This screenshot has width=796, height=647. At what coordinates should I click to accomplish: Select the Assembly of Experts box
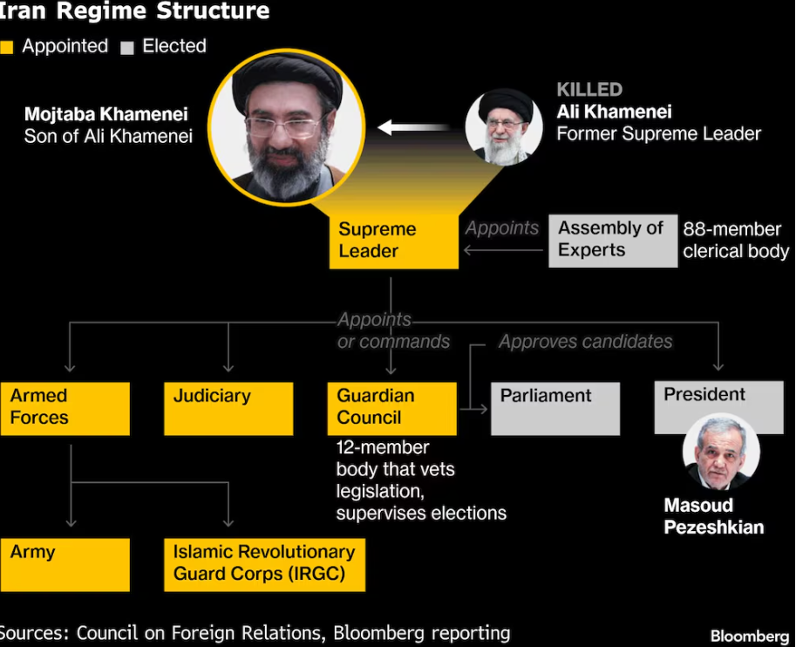pos(612,240)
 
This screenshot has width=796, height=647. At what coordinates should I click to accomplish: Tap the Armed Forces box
pos(65,408)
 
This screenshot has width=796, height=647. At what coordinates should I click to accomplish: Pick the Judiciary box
pos(228,408)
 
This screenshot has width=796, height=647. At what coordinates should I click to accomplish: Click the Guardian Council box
pos(391,408)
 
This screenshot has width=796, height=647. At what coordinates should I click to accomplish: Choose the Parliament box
pos(555,408)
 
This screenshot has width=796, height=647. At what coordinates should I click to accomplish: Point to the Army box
pos(65,563)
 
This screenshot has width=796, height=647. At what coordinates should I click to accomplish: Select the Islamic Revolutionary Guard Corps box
pos(264,563)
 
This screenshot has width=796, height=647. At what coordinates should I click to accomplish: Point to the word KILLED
pos(589,90)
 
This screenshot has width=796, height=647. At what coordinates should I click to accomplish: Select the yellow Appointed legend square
pos(7,48)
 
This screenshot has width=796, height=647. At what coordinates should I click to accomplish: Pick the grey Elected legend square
pos(127,48)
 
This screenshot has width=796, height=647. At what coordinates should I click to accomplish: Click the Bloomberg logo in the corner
pos(749,636)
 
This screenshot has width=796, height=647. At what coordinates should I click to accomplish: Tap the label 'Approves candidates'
pos(585,342)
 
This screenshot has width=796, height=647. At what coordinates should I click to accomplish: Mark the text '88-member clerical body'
pos(735,240)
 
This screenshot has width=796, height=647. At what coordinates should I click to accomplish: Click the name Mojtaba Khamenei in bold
pos(105,114)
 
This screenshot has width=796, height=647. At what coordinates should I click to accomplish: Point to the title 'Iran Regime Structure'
pos(134,11)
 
